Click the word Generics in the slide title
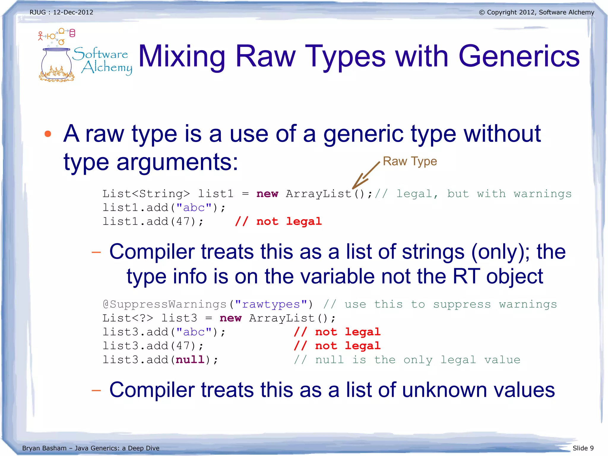coord(519,56)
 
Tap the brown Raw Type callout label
coord(410,161)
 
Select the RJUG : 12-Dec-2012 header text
coord(61,12)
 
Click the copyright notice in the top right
coord(536,12)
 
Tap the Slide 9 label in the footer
coord(583,448)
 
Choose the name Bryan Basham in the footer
coord(44,448)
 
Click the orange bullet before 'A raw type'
coord(47,134)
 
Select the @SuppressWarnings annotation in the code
coord(165,304)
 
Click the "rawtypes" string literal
coord(271,304)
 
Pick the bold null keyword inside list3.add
coord(190,360)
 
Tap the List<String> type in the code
coord(146,194)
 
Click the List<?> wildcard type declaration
coord(128,318)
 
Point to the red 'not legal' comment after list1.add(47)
coord(278,222)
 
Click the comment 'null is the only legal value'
coord(407,360)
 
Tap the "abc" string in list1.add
coord(194,208)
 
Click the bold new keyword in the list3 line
coord(231,318)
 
